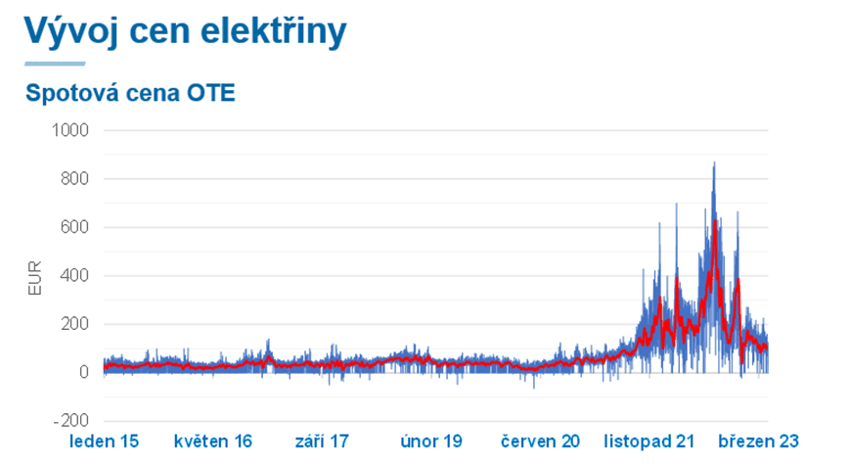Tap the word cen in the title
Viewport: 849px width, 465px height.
pyautogui.click(x=164, y=31)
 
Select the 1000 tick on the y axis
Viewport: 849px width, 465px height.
pyautogui.click(x=69, y=130)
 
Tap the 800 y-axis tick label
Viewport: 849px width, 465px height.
pyautogui.click(x=74, y=179)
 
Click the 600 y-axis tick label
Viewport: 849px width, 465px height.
pyautogui.click(x=74, y=227)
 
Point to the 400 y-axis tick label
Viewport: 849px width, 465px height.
pyautogui.click(x=74, y=276)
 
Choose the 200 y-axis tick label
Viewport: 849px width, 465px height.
pyautogui.click(x=74, y=324)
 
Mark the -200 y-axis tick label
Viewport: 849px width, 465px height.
pyautogui.click(x=71, y=421)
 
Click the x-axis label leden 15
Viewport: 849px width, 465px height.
pyautogui.click(x=104, y=442)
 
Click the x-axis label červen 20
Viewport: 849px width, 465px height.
pyautogui.click(x=540, y=442)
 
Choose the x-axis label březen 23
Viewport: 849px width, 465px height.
pyautogui.click(x=760, y=442)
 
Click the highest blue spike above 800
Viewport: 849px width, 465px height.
pyautogui.click(x=714, y=164)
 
